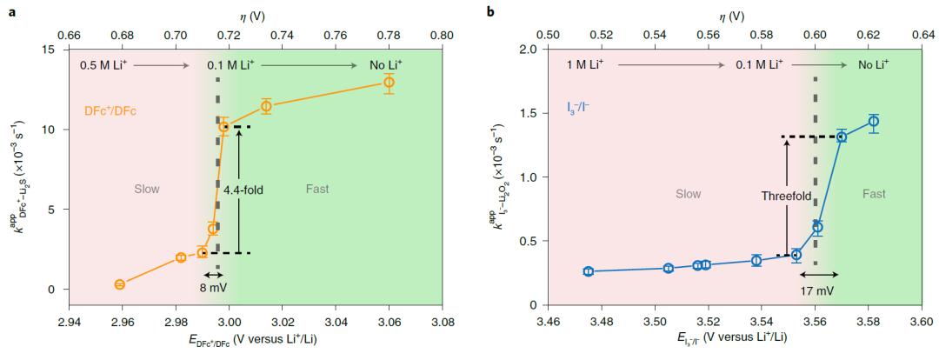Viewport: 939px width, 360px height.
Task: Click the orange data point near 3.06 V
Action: [x=389, y=82]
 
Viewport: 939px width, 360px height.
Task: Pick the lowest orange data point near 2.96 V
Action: [x=120, y=284]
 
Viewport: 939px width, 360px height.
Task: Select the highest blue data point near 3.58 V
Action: [x=874, y=121]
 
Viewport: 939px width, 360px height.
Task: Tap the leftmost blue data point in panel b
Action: [x=588, y=271]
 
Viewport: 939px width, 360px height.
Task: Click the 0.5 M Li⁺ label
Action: [x=103, y=65]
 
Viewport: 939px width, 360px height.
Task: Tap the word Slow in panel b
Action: [x=689, y=194]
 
